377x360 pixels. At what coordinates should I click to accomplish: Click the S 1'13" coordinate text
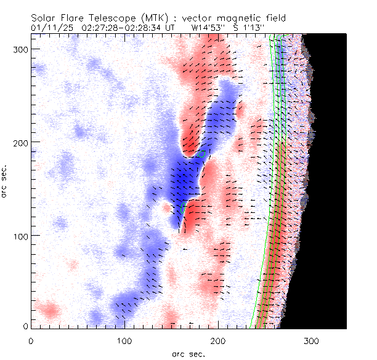(x=245, y=28)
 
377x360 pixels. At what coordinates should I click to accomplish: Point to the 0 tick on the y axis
(x=25, y=326)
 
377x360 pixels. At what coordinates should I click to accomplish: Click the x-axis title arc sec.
(x=188, y=353)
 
